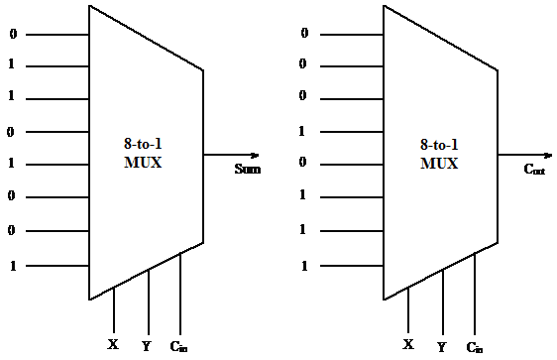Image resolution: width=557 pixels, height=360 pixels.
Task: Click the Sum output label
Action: pyautogui.click(x=248, y=170)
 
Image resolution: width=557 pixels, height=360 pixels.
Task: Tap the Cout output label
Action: pyautogui.click(x=534, y=170)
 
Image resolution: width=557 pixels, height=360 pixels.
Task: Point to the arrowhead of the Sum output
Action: pyautogui.click(x=255, y=155)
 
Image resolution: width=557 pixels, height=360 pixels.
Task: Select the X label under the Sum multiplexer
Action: pyautogui.click(x=112, y=345)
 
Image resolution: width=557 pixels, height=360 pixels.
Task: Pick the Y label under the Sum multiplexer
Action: pyautogui.click(x=146, y=346)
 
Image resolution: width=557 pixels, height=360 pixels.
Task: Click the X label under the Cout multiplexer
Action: pyautogui.click(x=407, y=345)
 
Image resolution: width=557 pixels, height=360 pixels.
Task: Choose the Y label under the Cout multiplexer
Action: pyautogui.click(x=441, y=346)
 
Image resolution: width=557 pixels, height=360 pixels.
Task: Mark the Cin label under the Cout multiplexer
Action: pyautogui.click(x=476, y=346)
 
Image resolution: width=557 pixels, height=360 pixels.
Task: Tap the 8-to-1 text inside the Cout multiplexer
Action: pyautogui.click(x=439, y=145)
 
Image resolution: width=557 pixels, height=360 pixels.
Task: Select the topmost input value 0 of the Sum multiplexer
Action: pyautogui.click(x=11, y=34)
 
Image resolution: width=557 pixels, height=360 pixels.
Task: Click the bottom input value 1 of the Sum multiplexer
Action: pyautogui.click(x=11, y=266)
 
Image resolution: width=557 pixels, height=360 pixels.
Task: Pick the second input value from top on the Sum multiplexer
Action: pyautogui.click(x=11, y=66)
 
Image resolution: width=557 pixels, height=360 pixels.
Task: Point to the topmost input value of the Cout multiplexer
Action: pyautogui.click(x=304, y=34)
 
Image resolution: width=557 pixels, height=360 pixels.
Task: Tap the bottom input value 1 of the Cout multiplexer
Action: pyautogui.click(x=304, y=266)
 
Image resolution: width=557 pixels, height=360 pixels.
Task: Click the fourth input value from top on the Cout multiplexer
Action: pyautogui.click(x=304, y=131)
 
